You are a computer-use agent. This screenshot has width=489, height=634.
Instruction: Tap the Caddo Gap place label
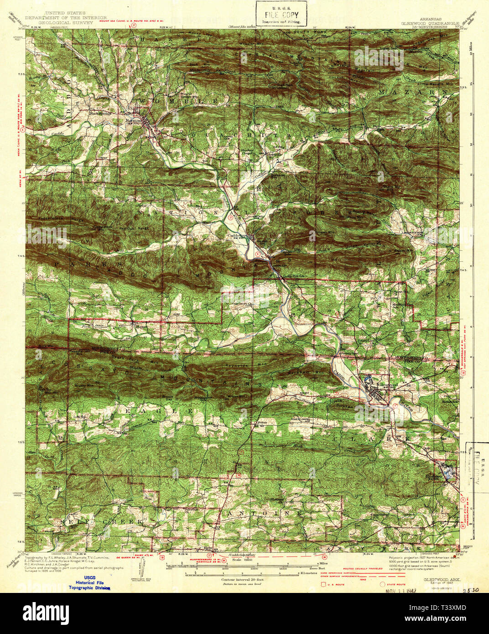coord(237,235)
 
